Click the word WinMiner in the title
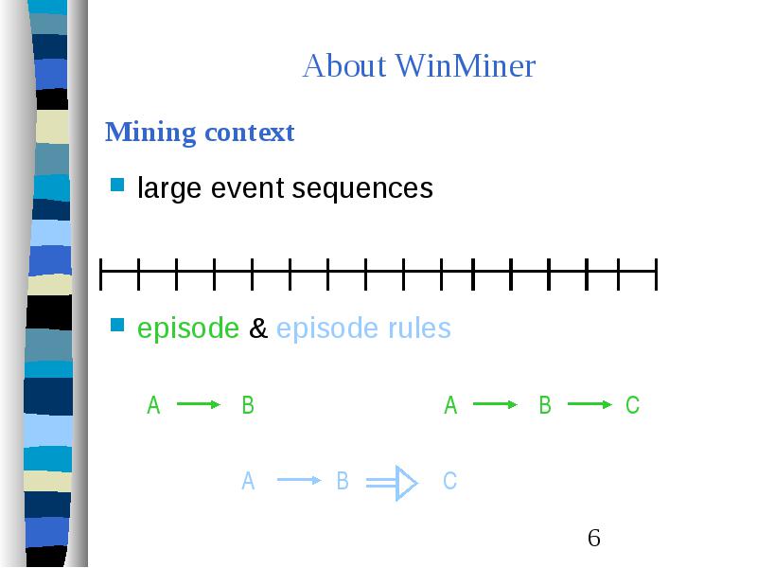click(466, 65)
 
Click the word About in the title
click(344, 65)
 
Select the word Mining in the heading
click(150, 133)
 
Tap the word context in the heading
click(250, 133)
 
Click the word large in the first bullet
click(169, 188)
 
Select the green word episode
click(187, 328)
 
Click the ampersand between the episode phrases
click(257, 328)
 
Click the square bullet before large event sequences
click(117, 185)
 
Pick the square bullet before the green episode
click(117, 325)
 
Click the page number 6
click(594, 538)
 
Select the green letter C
click(632, 405)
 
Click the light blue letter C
click(450, 481)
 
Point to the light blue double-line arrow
click(392, 483)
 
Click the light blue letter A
click(248, 481)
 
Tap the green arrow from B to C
click(590, 404)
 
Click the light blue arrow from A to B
click(299, 480)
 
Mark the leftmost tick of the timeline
click(100, 275)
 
